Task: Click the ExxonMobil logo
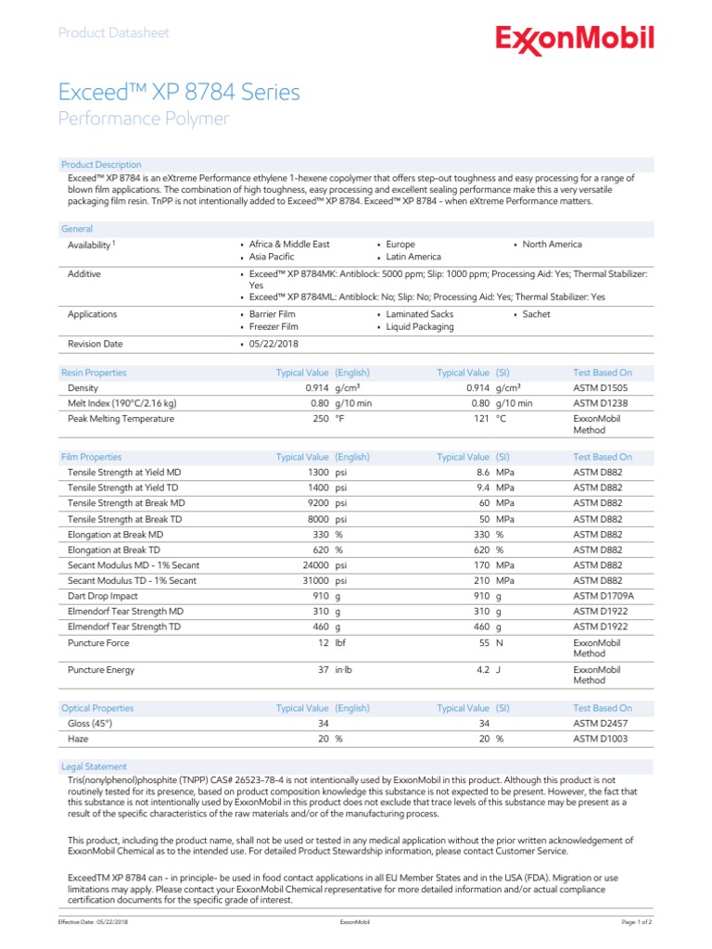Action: tap(575, 40)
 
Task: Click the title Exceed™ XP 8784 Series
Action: tap(179, 92)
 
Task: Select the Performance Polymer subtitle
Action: tap(144, 119)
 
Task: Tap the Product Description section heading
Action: tap(101, 164)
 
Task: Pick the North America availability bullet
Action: tap(552, 245)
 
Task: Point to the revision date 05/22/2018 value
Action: tap(274, 344)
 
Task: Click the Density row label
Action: tap(83, 388)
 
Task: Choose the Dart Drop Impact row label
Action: tap(104, 596)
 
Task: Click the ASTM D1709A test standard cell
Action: tap(604, 596)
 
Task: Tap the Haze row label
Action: tap(79, 740)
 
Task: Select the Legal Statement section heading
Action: tap(94, 766)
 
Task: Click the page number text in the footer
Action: tap(636, 923)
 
